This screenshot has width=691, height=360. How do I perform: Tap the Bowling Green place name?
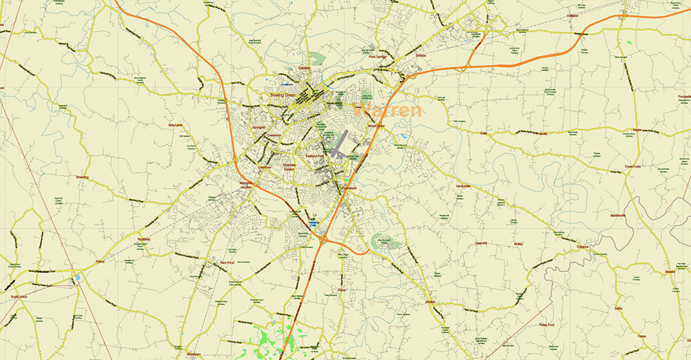click(281, 93)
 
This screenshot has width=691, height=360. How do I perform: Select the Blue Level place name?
click(176, 125)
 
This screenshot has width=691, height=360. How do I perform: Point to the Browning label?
click(82, 178)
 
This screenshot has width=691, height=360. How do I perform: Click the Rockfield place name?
click(144, 239)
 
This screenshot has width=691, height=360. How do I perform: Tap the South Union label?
click(19, 296)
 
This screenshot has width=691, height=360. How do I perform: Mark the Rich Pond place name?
click(227, 263)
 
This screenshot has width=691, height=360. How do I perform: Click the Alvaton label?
click(431, 302)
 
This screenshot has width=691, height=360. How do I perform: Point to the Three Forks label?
click(633, 167)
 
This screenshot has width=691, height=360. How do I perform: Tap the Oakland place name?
click(572, 15)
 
